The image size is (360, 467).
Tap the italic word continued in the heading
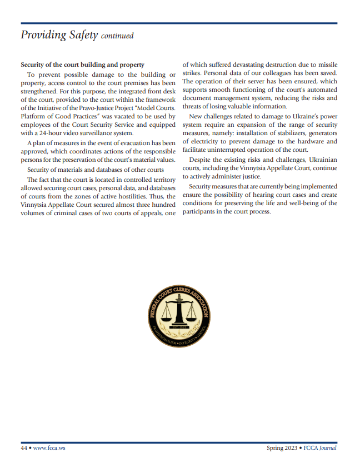coord(117,37)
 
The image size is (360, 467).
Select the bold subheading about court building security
coord(82,65)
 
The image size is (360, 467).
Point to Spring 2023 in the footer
coord(281,448)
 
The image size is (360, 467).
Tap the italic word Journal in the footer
coord(328,448)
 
